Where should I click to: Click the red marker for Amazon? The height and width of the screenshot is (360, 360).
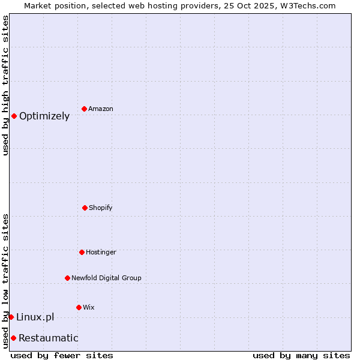coord(84,109)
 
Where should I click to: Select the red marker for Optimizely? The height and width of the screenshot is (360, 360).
coord(14,116)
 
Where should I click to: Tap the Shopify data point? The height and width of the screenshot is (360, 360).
coord(85,208)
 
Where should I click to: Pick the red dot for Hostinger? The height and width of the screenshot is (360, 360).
coord(82,252)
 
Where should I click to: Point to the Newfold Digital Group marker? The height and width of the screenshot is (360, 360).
coord(67,278)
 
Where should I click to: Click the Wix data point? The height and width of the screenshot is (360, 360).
coord(79,307)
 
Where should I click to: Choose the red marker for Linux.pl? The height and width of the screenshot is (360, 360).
coord(11,317)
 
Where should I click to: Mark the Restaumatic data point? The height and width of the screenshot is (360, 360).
coord(13,338)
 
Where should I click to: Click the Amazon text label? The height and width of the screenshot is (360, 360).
coord(101,109)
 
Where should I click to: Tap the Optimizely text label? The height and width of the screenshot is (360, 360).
coord(44,116)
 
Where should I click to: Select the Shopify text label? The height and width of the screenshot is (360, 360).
coord(101,208)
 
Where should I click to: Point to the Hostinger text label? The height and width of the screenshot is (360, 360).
coord(101,252)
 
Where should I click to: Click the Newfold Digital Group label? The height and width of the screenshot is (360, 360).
coord(106,278)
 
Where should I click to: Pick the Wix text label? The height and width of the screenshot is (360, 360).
coord(89,307)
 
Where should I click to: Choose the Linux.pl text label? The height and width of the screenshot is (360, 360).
coord(35,317)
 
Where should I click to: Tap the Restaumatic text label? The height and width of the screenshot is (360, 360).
coord(48,338)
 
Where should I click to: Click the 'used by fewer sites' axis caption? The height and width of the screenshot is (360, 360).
coord(62,355)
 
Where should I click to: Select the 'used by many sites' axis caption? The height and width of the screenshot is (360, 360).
coord(301,355)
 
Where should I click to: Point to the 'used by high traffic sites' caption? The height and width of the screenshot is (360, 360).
coord(5,85)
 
